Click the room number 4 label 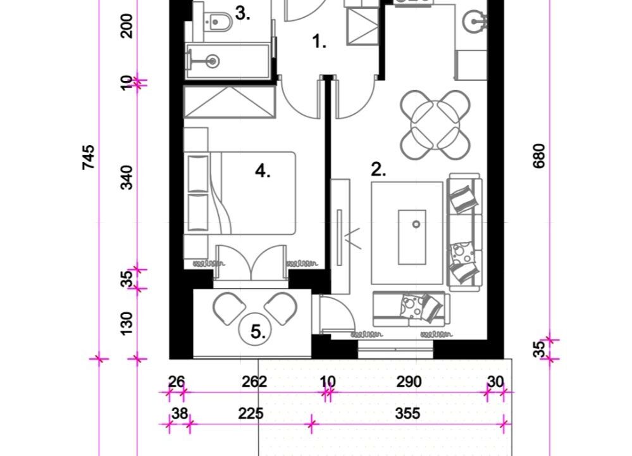(x=263, y=172)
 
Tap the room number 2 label (x=378, y=170)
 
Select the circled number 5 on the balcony (x=258, y=332)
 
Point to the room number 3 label (x=242, y=14)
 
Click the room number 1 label (x=319, y=42)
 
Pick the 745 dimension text (x=89, y=157)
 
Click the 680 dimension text (x=539, y=156)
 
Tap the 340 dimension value (x=127, y=177)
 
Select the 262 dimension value (x=254, y=382)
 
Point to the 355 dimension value (x=408, y=414)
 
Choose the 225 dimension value (x=251, y=414)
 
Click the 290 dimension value (x=409, y=382)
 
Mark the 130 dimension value (x=127, y=323)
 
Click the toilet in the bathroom (x=218, y=22)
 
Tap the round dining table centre (x=435, y=124)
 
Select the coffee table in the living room (x=412, y=237)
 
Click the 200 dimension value (x=127, y=26)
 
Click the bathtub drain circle (x=213, y=61)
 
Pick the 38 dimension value (x=180, y=414)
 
